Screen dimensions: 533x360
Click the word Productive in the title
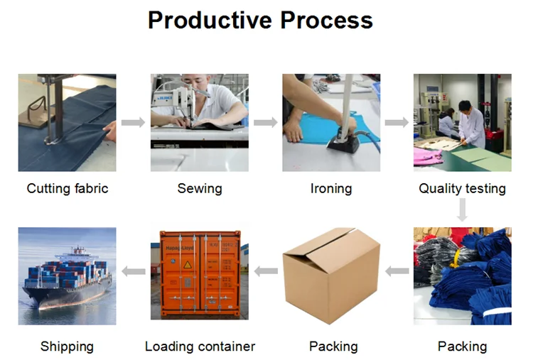tap(210, 20)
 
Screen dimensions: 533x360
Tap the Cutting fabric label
tap(68, 189)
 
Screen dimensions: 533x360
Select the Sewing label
tap(199, 189)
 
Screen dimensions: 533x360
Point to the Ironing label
tap(331, 189)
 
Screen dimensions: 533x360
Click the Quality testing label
tap(462, 189)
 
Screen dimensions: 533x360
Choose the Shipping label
tap(67, 347)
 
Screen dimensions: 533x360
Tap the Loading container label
tap(200, 347)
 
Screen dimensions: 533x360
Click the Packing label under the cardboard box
tap(333, 347)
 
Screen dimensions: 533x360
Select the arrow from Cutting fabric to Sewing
tap(133, 123)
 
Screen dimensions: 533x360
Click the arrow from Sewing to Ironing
tap(265, 123)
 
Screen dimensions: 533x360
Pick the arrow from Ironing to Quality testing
tap(397, 123)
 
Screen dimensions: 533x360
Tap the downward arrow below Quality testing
tap(463, 210)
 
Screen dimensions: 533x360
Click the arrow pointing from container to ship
tap(133, 271)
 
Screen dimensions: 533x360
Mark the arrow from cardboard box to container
tap(266, 271)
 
